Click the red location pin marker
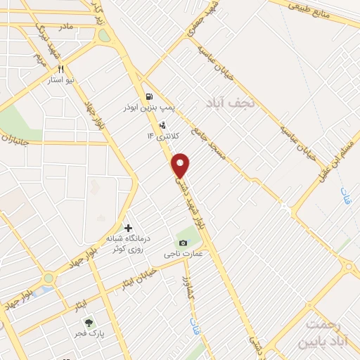pyautogui.click(x=181, y=165)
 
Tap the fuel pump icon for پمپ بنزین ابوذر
pyautogui.click(x=148, y=96)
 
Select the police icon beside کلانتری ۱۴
pyautogui.click(x=163, y=125)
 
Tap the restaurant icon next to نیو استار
pyautogui.click(x=60, y=69)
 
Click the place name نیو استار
pyautogui.click(x=60, y=81)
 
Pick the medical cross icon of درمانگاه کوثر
pyautogui.click(x=128, y=227)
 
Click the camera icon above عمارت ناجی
pyautogui.click(x=183, y=243)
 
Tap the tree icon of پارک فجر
pyautogui.click(x=88, y=322)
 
